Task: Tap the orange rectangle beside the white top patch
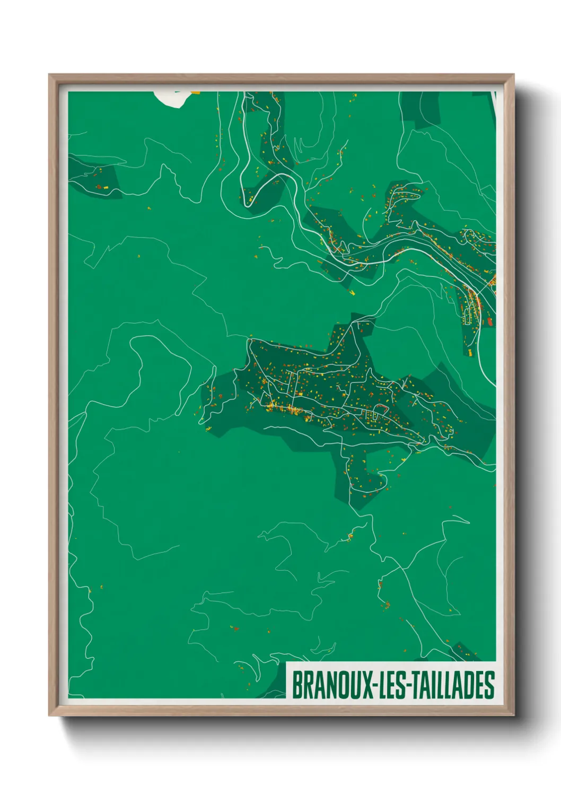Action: point(196,92)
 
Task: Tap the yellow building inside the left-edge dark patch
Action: point(106,187)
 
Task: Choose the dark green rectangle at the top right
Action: point(419,109)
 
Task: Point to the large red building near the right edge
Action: point(490,321)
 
